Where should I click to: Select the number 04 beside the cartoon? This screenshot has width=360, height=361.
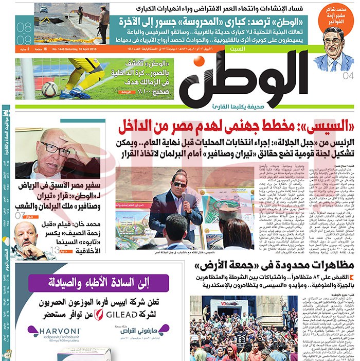tap(348, 76)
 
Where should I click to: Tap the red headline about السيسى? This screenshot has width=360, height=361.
tap(236, 126)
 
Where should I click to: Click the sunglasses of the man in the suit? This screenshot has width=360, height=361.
tap(179, 184)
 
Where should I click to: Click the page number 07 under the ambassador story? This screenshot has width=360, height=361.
tap(21, 215)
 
